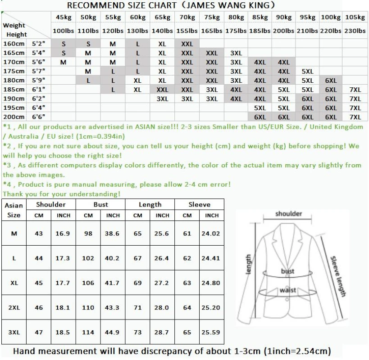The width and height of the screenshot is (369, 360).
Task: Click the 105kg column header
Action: tap(355, 17)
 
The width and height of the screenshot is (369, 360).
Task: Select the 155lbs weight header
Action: tap(187, 31)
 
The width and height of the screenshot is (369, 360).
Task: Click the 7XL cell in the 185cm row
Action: tap(355, 90)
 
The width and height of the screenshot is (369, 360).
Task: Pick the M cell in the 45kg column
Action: tap(63, 62)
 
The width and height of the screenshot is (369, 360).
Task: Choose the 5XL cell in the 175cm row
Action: tap(307, 71)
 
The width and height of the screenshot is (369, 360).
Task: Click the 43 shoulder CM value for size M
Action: tap(39, 234)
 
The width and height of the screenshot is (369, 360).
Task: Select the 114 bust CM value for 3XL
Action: tap(88, 332)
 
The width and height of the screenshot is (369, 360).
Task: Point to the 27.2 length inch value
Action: tap(162, 283)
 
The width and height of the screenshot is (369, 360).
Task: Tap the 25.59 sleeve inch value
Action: tap(211, 332)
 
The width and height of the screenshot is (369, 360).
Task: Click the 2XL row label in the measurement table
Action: tap(14, 308)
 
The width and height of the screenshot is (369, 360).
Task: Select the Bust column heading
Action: tap(100, 205)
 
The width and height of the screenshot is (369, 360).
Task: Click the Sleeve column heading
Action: tap(199, 205)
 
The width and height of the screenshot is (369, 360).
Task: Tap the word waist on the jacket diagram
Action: tap(287, 290)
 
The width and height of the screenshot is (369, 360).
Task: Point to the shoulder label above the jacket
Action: tap(289, 214)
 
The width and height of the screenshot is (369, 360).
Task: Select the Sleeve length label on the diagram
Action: tap(338, 276)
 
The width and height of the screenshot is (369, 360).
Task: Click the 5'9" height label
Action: tap(39, 81)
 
